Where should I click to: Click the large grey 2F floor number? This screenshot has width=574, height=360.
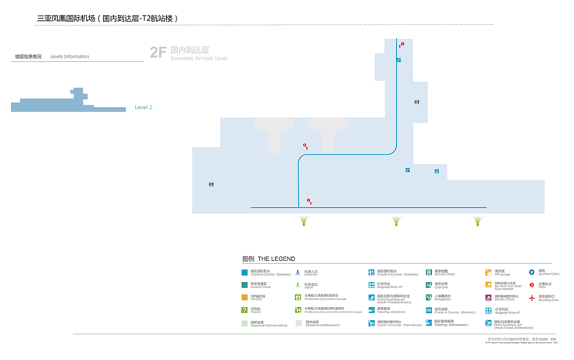(158, 52)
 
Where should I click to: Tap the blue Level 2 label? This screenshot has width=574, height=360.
(144, 108)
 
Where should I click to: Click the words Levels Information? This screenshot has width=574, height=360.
(70, 56)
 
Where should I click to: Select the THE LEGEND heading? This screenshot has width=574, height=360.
(276, 258)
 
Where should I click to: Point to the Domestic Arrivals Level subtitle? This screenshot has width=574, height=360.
(198, 59)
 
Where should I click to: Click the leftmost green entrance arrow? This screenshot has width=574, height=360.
(304, 222)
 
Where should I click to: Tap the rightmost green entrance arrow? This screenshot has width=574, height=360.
(478, 222)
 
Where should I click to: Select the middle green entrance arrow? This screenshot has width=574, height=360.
(396, 222)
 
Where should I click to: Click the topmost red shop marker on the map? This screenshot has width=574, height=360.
(402, 45)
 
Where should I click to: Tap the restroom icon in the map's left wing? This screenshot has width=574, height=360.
(212, 184)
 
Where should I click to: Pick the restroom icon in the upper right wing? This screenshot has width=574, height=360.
(417, 102)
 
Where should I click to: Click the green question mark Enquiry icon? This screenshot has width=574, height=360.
(244, 310)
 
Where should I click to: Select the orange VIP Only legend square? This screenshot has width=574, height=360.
(244, 298)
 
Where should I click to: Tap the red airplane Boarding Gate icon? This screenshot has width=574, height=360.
(532, 298)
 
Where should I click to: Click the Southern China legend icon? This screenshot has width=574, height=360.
(532, 273)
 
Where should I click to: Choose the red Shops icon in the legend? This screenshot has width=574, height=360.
(532, 285)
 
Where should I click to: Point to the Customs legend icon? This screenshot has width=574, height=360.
(429, 285)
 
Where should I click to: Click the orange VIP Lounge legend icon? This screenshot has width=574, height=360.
(488, 273)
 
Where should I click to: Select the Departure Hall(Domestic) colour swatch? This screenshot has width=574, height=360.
(298, 323)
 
